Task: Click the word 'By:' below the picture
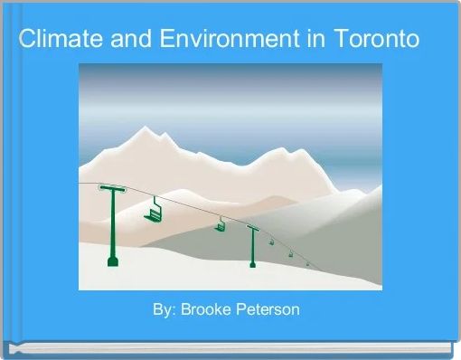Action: (164, 310)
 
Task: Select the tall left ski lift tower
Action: (113, 226)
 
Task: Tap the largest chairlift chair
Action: (153, 212)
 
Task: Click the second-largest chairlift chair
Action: (220, 225)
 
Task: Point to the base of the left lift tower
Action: (113, 262)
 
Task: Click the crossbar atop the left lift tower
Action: (113, 189)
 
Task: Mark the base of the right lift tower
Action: (253, 264)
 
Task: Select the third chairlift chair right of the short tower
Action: (290, 254)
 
